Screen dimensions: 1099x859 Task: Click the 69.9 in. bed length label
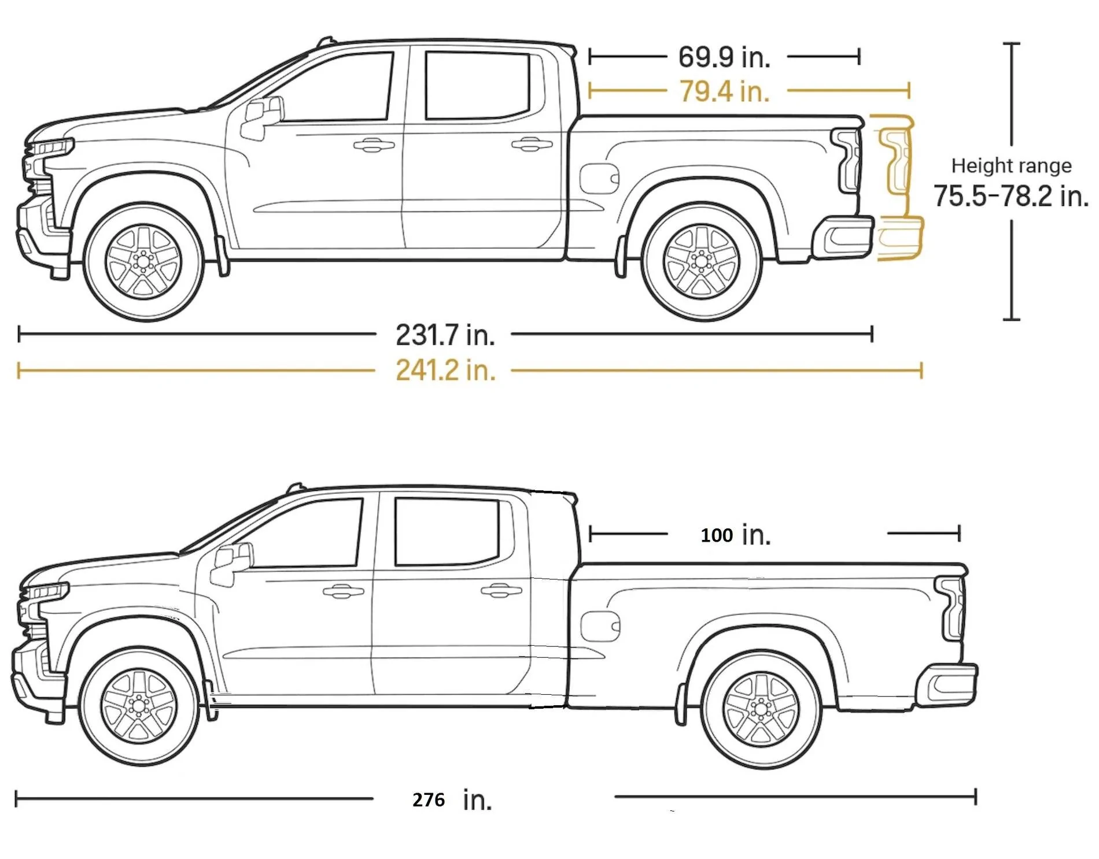click(x=724, y=57)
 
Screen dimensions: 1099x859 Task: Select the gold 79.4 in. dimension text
click(x=724, y=91)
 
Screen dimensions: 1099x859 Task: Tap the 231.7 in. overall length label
click(x=445, y=335)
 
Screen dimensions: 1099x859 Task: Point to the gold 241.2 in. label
click(x=445, y=370)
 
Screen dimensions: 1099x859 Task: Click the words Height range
click(x=1012, y=166)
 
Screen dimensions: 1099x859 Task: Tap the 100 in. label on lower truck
click(x=736, y=535)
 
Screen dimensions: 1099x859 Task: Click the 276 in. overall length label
click(x=452, y=799)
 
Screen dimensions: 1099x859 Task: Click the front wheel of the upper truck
click(x=143, y=262)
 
